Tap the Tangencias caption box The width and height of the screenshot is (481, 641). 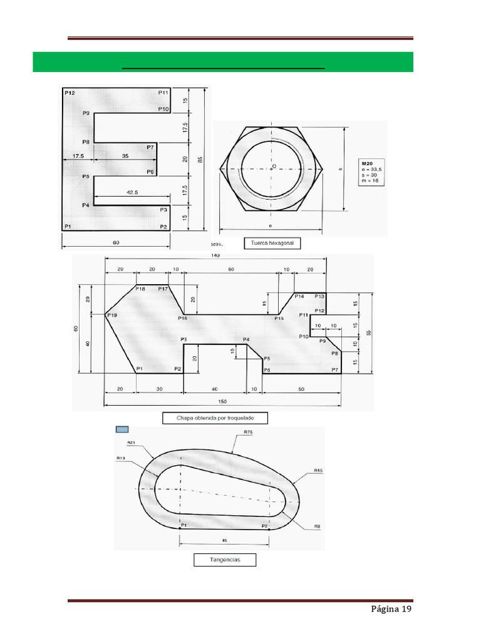225,559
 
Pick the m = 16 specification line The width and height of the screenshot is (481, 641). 370,180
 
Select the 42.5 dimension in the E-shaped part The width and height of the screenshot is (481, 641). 132,194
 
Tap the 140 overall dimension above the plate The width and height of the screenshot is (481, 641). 216,255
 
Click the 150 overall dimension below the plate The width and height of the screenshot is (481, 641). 222,401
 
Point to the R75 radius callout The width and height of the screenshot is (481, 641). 247,433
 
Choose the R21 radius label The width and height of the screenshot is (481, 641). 132,443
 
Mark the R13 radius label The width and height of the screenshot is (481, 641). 120,458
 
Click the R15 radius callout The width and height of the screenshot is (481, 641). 319,470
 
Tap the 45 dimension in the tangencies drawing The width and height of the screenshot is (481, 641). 224,539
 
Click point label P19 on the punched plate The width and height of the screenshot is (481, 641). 112,315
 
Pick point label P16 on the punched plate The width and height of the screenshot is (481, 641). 182,319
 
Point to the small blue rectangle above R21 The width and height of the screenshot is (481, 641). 122,429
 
